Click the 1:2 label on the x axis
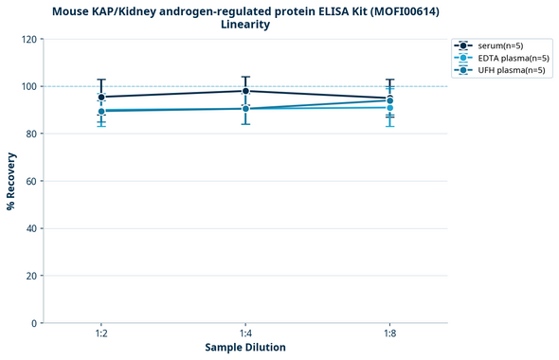point(101,334)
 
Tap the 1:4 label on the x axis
point(245,334)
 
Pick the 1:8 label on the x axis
point(389,334)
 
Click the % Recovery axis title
point(11,181)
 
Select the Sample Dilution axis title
point(245,348)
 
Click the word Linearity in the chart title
point(245,25)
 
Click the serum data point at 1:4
point(245,91)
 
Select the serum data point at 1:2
point(101,97)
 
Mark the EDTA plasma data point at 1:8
point(389,107)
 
